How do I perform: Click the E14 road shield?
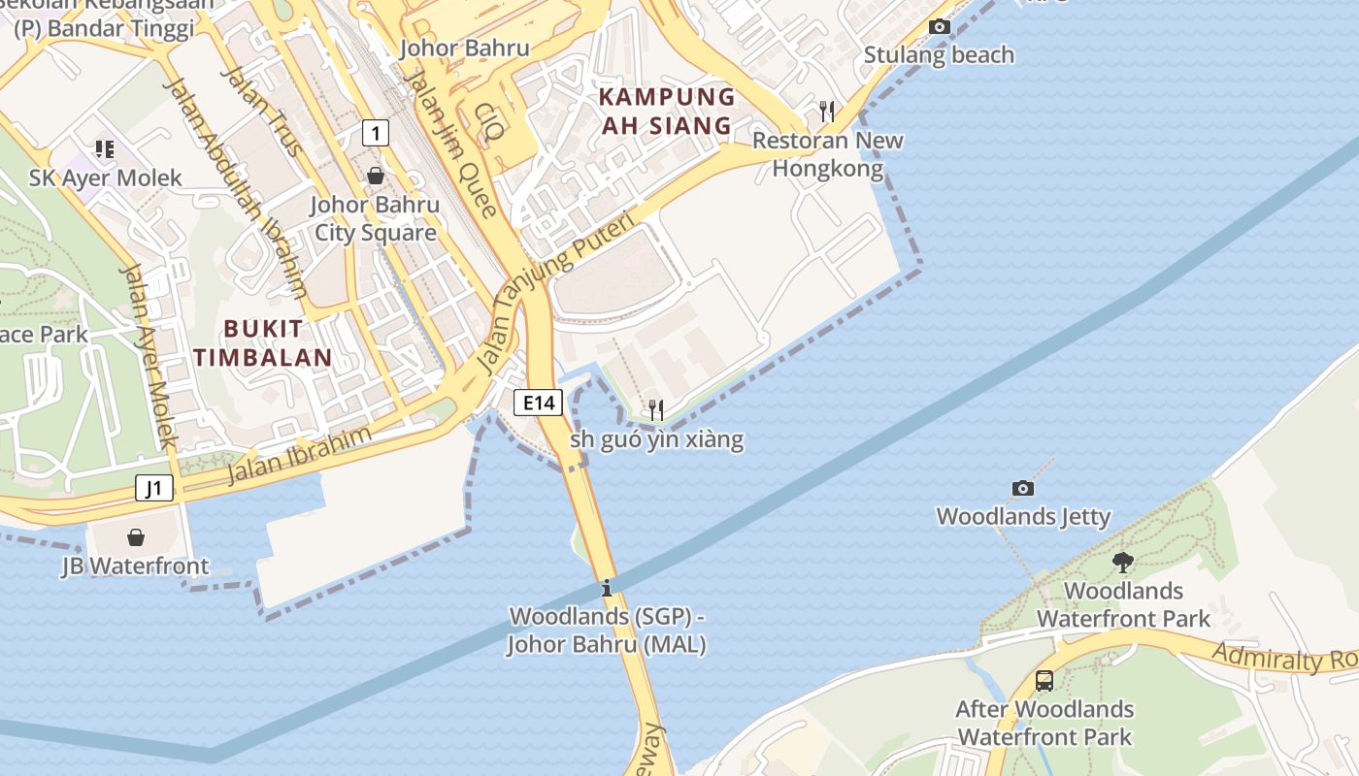[538, 403]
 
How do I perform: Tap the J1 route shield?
[154, 488]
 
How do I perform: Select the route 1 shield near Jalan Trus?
[376, 132]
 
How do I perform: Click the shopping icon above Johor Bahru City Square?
[375, 176]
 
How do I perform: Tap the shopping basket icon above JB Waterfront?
[136, 537]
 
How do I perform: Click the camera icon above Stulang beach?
[940, 27]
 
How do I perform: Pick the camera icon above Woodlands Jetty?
[1022, 488]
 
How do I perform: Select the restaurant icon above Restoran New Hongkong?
[827, 112]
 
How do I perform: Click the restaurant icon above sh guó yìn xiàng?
[656, 410]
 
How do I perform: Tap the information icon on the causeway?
[607, 588]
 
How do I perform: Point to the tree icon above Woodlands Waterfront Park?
[1123, 562]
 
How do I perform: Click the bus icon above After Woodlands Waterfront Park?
[1044, 681]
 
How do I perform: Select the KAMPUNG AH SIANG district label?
[668, 111]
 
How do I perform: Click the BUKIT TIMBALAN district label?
[263, 342]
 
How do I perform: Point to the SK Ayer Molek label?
[106, 178]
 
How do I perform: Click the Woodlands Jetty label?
[1023, 517]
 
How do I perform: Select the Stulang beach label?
[939, 55]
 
